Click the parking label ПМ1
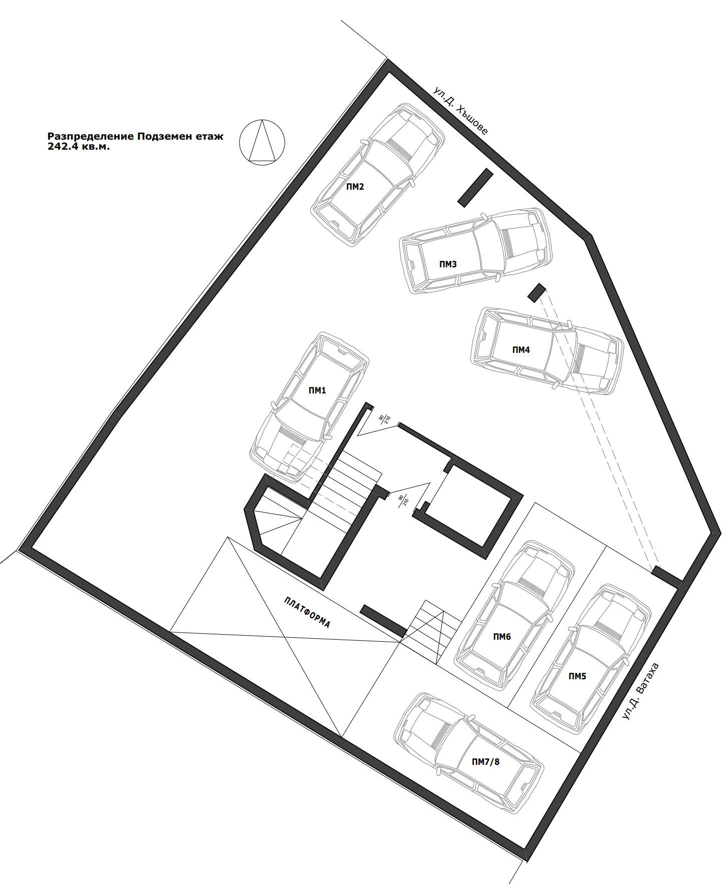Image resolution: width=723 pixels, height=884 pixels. coord(317,390)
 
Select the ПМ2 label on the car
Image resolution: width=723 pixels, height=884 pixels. coord(355,187)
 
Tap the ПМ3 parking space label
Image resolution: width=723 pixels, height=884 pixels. coord(448,264)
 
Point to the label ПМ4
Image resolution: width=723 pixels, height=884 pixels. coord(521,350)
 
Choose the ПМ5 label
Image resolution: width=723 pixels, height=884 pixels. coord(577,676)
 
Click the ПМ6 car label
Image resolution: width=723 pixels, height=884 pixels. coord(502,637)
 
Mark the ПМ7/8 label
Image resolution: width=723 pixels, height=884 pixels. coord(486,762)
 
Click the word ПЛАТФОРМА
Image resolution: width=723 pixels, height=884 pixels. coord(307,612)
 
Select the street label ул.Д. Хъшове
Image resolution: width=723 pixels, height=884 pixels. coord(460,111)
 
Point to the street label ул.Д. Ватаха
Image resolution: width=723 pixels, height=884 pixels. coord(640,691)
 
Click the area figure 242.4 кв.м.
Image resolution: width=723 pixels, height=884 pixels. coord(79,147)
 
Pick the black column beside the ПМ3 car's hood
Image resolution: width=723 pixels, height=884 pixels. coord(537,292)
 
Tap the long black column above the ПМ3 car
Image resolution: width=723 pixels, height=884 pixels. coord(475,188)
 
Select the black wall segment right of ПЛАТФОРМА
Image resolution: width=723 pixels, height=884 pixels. coord(383,621)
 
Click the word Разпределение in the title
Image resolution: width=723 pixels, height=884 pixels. coord(91,136)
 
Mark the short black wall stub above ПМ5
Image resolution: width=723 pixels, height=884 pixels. coord(667,577)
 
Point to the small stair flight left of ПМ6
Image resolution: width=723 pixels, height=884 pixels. coord(431,632)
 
